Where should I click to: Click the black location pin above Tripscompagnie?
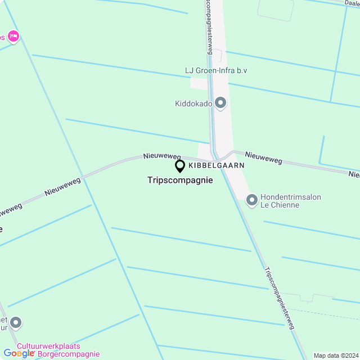click(x=180, y=166)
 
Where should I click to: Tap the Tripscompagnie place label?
click(x=180, y=181)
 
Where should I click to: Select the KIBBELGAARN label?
click(x=217, y=165)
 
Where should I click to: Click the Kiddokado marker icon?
click(x=220, y=103)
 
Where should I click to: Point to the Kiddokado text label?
click(x=193, y=103)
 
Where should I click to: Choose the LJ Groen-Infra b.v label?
click(x=216, y=70)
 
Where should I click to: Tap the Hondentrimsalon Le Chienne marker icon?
click(x=252, y=199)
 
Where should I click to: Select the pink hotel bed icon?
click(x=13, y=37)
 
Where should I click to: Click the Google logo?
click(x=19, y=353)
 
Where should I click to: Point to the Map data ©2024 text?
click(x=335, y=355)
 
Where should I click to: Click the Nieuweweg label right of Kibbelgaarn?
click(x=263, y=157)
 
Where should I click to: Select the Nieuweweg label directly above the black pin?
click(x=161, y=156)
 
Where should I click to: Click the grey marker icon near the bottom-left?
click(x=16, y=323)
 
